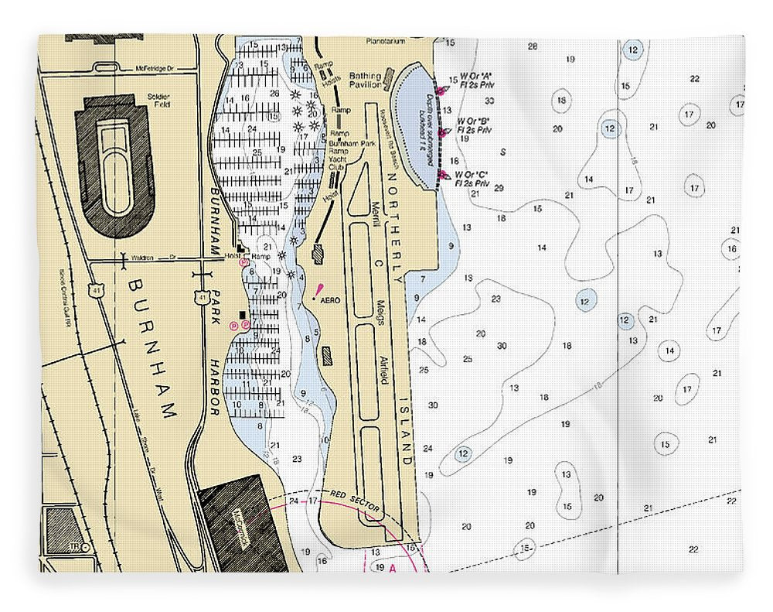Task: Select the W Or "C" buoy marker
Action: coord(443,176)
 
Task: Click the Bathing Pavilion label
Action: coord(365,80)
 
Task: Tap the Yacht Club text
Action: coord(338,162)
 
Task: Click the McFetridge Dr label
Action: coord(155,68)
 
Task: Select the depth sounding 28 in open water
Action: coord(532,46)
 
